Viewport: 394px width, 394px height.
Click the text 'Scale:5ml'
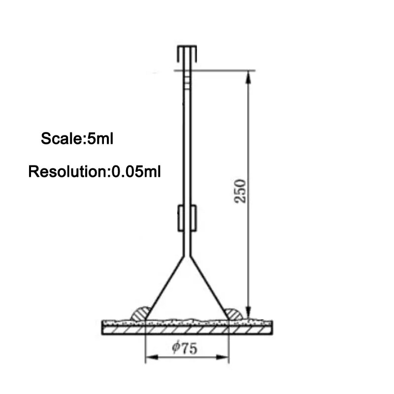(77, 138)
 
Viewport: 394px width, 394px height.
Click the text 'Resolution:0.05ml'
(95, 171)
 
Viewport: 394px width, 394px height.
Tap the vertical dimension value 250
(240, 191)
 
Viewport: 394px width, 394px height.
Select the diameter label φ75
(184, 348)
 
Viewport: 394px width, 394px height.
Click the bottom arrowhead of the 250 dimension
(248, 313)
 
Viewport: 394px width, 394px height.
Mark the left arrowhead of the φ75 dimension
(152, 357)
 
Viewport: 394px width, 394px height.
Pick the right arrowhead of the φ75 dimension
(223, 357)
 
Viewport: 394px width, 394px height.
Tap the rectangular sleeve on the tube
(187, 218)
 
